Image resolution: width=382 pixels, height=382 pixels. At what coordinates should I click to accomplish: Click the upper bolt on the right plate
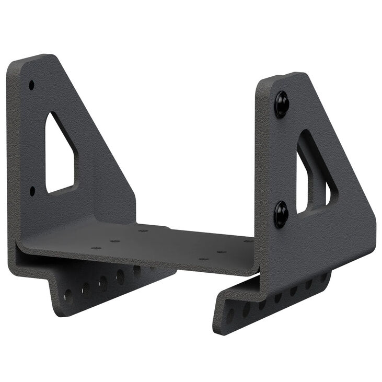pos(282,104)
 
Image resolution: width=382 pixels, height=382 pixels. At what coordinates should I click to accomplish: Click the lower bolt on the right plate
pos(281,214)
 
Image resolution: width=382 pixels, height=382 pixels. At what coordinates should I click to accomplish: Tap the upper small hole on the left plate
pos(31,84)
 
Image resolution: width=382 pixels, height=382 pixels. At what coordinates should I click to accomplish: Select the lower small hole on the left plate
pos(32,191)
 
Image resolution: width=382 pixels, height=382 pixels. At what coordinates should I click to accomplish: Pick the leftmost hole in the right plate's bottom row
pos(230,315)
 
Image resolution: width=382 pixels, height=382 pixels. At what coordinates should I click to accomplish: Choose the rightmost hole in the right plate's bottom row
pos(323,277)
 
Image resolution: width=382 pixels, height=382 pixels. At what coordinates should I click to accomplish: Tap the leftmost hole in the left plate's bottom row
pos(68,296)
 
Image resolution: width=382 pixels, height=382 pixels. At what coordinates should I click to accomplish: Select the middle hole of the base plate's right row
pos(222,251)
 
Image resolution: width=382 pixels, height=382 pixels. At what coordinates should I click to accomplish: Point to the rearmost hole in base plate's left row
pos(143,230)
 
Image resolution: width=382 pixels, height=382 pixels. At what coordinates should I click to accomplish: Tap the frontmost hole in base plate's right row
pos(204,259)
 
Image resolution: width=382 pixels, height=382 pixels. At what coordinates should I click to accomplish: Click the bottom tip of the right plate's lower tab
pos(219,330)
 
